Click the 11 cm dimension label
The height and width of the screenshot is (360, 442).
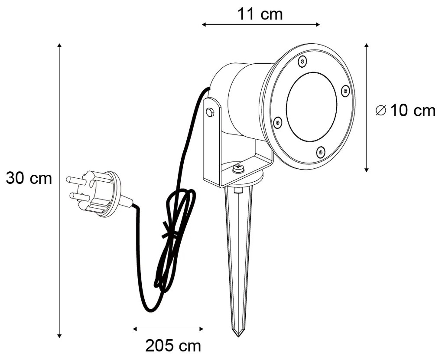point(260,14)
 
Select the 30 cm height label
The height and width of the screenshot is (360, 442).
point(29,178)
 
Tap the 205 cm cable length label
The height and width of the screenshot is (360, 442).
point(173,346)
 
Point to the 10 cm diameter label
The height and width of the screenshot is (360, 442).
point(413,111)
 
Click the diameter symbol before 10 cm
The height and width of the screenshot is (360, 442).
point(380,111)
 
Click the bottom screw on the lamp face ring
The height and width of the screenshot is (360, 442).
point(320,151)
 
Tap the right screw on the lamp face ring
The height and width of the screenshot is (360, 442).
point(345,91)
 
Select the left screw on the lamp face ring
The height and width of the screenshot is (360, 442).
point(278,122)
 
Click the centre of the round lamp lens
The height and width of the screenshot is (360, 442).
point(312,107)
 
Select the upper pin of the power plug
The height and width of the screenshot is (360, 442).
point(74,179)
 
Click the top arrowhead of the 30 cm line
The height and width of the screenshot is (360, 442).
point(59,45)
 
